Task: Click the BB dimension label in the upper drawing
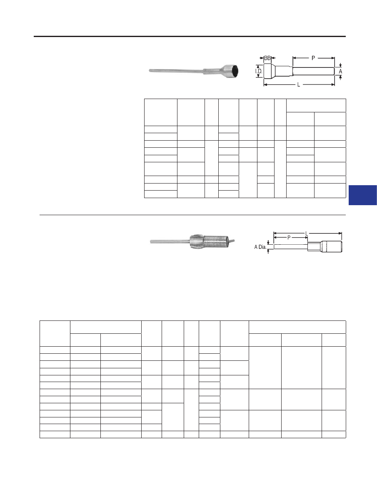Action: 267,58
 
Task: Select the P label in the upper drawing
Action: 313,58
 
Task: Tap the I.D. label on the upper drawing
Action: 259,72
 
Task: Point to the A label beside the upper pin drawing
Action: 340,72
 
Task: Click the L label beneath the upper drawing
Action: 298,84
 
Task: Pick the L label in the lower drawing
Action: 307,233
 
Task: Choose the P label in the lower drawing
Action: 289,238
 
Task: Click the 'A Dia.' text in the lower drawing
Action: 260,247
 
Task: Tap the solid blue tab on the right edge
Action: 363,195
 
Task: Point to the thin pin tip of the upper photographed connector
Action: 150,71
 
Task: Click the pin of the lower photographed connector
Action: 170,241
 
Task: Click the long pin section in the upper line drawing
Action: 314,72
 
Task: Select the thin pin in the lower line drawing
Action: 290,247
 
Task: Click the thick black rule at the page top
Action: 190,37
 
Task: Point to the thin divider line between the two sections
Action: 192,215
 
